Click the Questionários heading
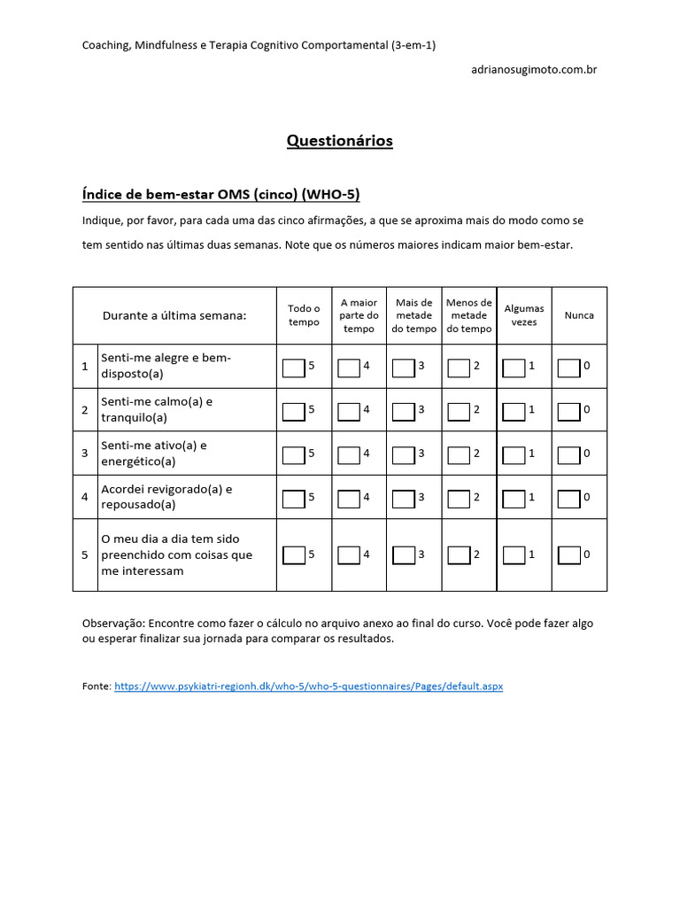click(339, 141)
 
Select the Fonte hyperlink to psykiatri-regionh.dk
click(308, 686)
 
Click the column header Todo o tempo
click(304, 315)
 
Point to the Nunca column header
click(579, 315)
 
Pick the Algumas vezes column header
click(524, 315)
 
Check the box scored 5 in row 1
click(293, 367)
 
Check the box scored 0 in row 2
click(568, 410)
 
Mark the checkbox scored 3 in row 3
click(403, 453)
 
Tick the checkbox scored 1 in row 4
click(514, 498)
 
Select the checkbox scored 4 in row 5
click(349, 555)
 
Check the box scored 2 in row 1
click(459, 367)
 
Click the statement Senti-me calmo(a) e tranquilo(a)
click(157, 409)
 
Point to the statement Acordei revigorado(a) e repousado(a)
click(166, 496)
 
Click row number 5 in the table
click(85, 555)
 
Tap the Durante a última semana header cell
click(174, 315)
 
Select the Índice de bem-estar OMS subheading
click(220, 194)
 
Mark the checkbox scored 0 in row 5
click(568, 555)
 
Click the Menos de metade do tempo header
click(469, 315)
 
